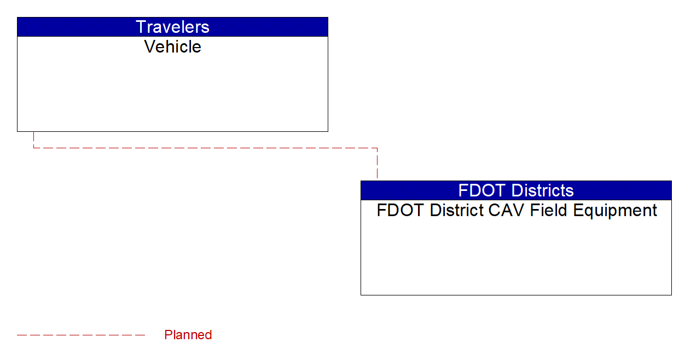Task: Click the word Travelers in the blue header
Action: tap(172, 27)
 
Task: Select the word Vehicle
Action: tap(172, 47)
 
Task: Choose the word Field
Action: tap(549, 211)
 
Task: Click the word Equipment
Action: tap(615, 211)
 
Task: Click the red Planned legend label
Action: tap(188, 335)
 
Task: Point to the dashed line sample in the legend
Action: tap(81, 335)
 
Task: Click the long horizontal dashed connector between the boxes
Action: tap(206, 148)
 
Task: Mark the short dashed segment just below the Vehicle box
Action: tap(33, 140)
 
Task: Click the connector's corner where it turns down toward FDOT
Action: tap(378, 148)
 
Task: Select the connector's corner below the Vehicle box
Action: tap(33, 148)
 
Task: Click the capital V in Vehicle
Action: tap(150, 47)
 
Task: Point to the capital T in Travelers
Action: tap(141, 27)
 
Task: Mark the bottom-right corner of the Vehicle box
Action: tap(328, 131)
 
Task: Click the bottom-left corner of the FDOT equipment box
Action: tap(361, 295)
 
